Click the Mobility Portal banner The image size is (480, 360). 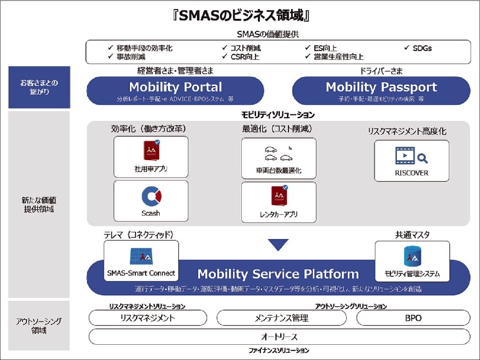175,91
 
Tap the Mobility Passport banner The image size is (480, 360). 381,91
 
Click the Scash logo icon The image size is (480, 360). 151,196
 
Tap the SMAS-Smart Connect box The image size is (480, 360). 141,260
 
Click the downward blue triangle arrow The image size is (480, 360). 278,245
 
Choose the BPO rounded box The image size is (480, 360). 413,318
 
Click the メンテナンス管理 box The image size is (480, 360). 281,318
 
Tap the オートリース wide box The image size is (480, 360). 279,337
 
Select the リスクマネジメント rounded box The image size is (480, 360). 147,318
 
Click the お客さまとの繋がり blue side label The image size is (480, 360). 39,87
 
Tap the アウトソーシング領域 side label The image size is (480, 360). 39,325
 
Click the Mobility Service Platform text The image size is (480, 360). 278,274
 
